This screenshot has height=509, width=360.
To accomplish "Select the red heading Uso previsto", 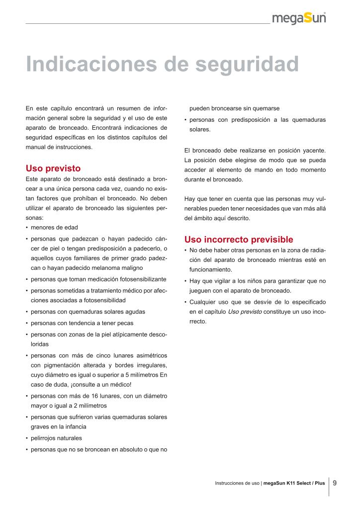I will tap(53, 169).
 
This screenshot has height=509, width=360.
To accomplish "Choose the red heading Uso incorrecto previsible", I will tap(239, 239).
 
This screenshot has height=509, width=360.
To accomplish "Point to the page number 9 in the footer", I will tap(335, 482).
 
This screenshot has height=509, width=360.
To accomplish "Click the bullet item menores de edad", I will tap(54, 227).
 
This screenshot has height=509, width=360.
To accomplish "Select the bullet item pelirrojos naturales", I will tap(56, 438).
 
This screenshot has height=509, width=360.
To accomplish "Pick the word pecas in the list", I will tap(124, 323).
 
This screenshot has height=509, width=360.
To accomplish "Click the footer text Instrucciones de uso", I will tap(237, 483).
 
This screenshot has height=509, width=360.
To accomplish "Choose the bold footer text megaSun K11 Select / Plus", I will tap(294, 483).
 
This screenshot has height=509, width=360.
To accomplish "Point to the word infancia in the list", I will tap(73, 426).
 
